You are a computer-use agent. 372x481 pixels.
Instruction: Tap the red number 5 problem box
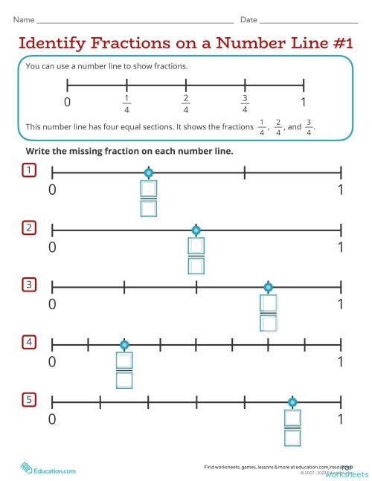[29, 401]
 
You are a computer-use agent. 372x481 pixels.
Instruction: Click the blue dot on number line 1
[148, 173]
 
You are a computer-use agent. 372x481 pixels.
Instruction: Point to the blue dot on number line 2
[196, 230]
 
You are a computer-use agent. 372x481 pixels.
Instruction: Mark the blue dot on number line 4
[124, 345]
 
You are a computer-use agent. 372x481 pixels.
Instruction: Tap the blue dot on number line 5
[292, 402]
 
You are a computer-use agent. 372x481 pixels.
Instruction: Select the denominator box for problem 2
[196, 265]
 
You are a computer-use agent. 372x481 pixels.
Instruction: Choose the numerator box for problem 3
[268, 304]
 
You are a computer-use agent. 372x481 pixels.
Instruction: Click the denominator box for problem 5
[292, 437]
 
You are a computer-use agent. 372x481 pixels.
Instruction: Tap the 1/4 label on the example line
[126, 103]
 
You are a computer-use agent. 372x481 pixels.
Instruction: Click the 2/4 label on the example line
[185, 103]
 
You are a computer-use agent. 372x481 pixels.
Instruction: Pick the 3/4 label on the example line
[245, 103]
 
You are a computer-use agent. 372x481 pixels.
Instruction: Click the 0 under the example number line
[68, 102]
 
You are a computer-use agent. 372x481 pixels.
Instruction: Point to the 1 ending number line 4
[341, 361]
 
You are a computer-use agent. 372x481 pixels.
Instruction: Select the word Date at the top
[248, 19]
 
